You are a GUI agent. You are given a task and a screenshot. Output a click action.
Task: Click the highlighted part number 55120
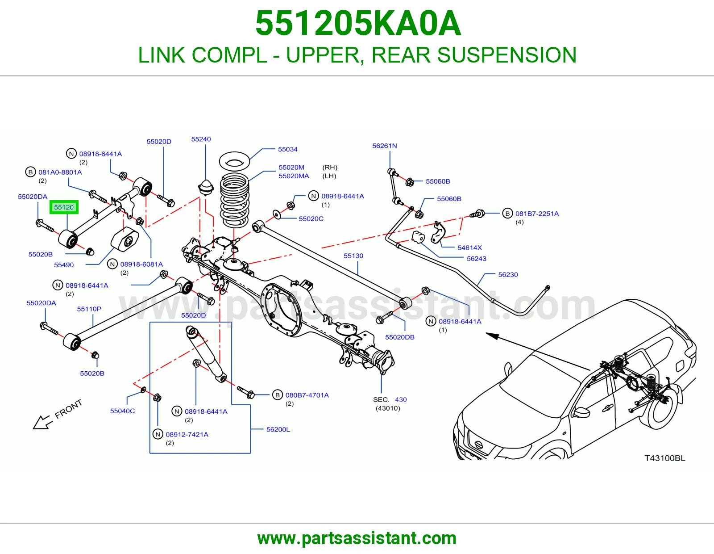point(64,207)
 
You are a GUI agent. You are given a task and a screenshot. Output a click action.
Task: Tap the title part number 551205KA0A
point(358,23)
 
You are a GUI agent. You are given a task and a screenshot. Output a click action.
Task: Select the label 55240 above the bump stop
point(201,139)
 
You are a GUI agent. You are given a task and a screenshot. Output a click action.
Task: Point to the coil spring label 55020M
point(291,168)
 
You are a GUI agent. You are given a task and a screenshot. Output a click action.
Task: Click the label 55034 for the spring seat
point(288,149)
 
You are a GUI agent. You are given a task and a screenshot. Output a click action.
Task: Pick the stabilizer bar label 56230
point(508,275)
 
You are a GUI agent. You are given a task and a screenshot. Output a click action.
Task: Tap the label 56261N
point(384,146)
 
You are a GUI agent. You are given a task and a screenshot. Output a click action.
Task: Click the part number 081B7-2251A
point(537,214)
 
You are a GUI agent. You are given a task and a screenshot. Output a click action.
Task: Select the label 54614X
point(469,248)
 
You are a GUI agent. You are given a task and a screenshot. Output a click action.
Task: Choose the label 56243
point(477,259)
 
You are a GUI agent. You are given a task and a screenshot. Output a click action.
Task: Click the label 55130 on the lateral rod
point(353,256)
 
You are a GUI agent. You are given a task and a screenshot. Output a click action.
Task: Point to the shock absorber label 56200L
point(278,429)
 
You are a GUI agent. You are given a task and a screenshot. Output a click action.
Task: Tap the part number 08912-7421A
point(187,434)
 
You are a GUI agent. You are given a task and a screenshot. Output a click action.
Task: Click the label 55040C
point(123,411)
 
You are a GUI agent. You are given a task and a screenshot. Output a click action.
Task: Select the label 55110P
point(89,309)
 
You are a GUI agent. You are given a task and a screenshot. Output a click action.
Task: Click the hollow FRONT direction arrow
point(42,422)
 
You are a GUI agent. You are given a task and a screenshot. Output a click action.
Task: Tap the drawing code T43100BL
point(665,458)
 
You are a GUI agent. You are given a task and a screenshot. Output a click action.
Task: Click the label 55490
point(64,265)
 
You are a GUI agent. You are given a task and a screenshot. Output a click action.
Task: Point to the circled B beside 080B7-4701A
point(277,395)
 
